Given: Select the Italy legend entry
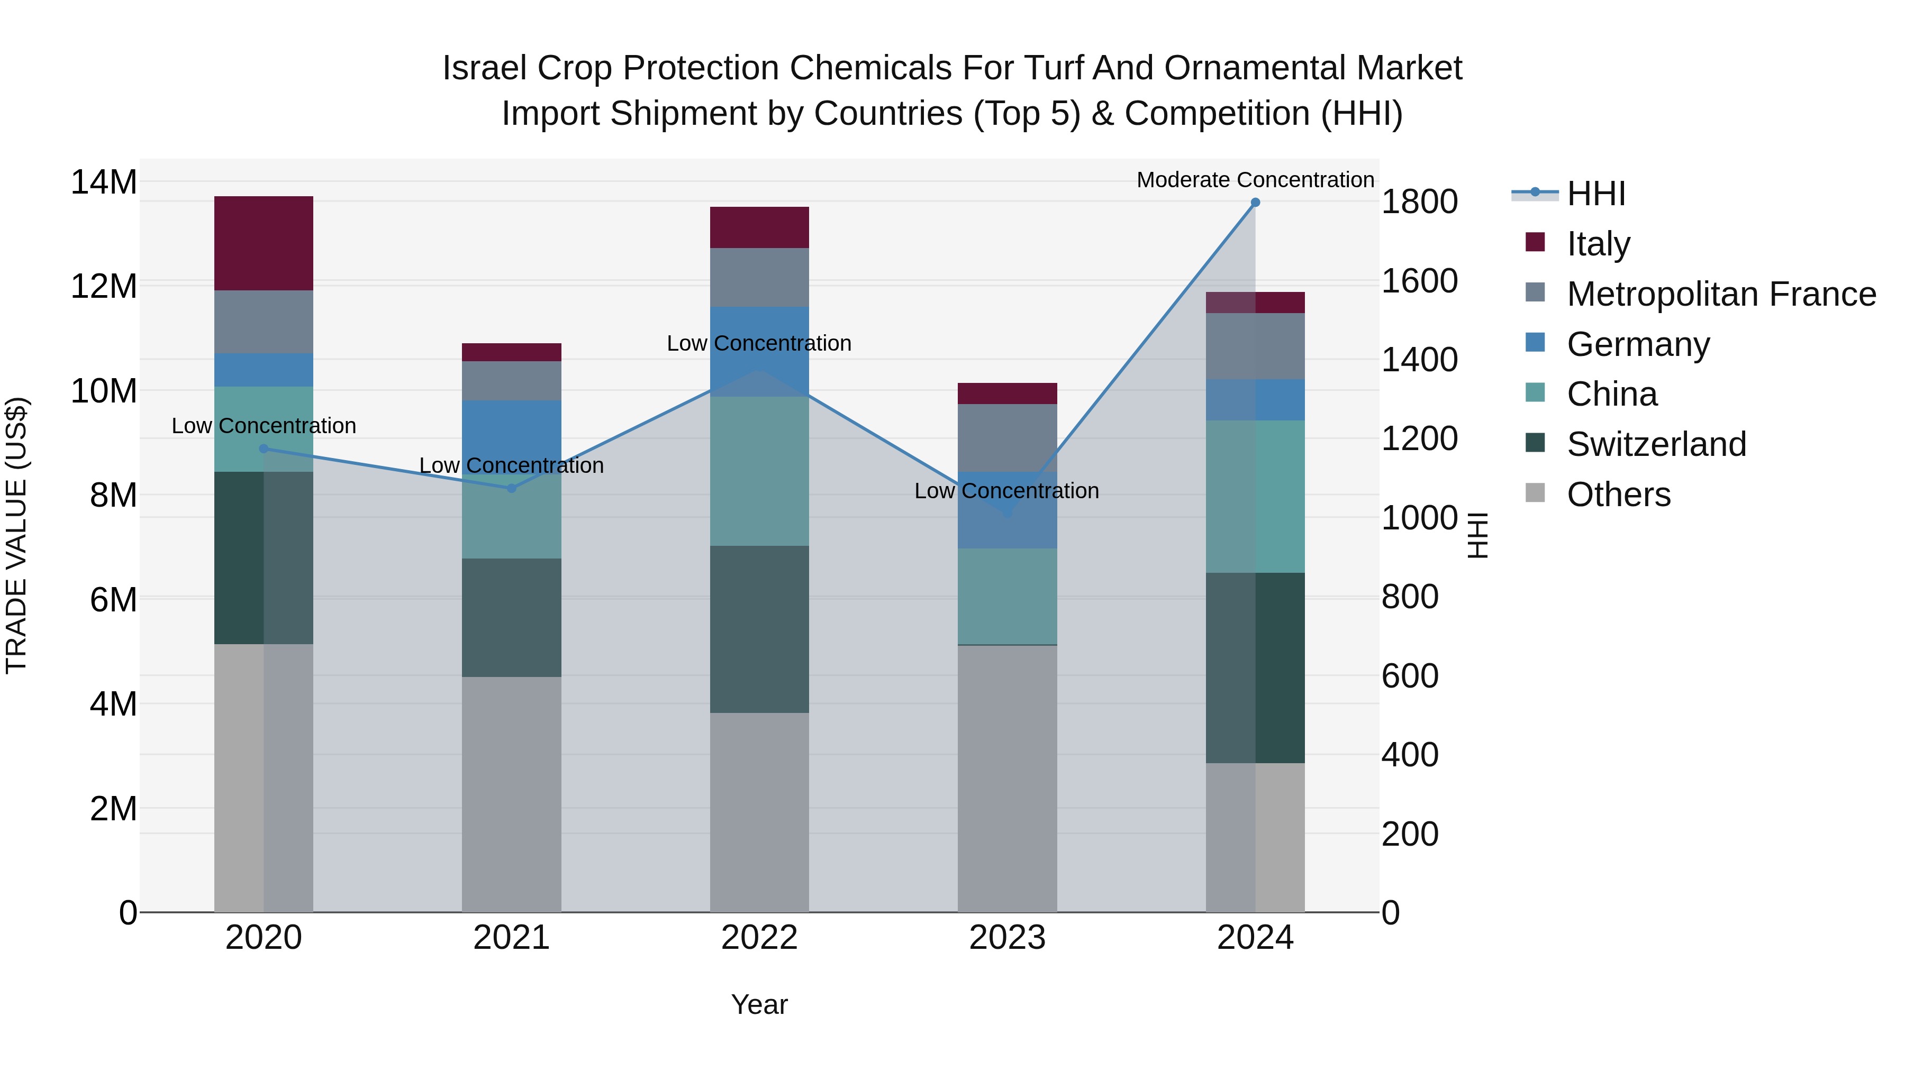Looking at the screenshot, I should point(1598,244).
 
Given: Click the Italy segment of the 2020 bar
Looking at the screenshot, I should point(264,243).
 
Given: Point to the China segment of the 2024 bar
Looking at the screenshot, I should point(1255,496).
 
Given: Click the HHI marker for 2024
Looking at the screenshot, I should point(1255,203).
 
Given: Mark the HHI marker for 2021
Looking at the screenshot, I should point(511,489).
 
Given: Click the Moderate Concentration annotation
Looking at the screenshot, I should point(1255,180).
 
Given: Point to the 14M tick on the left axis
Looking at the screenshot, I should point(104,182).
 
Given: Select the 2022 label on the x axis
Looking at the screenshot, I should point(759,938).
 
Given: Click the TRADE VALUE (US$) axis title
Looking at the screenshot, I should point(16,535).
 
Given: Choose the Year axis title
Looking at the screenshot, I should point(759,1004).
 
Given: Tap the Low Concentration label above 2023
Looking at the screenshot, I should point(1006,491).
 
